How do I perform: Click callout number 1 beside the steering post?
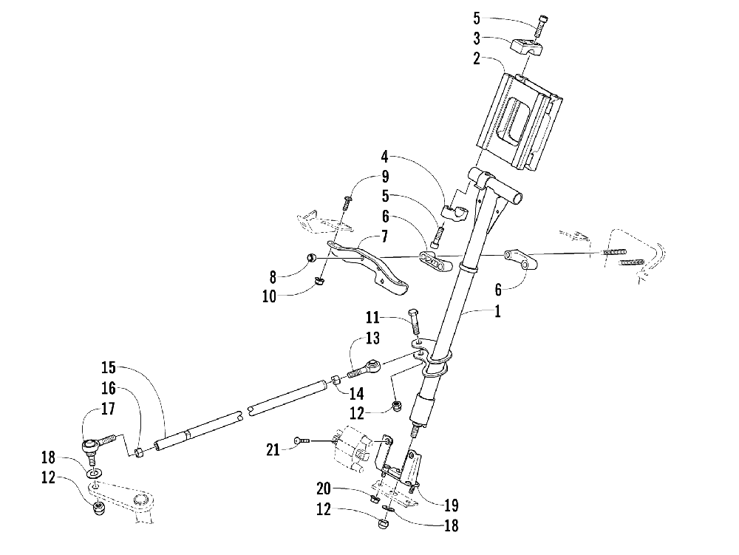point(498,313)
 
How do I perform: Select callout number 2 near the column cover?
point(478,59)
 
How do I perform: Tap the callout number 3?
point(478,38)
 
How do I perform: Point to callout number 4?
point(385,157)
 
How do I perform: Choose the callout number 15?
point(109,367)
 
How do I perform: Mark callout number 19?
point(450,506)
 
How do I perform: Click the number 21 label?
point(274,449)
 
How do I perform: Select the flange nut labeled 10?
point(319,281)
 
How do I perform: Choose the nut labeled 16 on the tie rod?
point(139,451)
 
